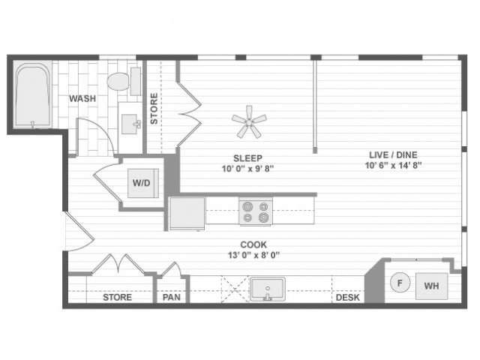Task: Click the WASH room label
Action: [81, 98]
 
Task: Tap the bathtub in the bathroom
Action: [32, 95]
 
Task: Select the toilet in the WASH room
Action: [121, 81]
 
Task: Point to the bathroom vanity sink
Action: [130, 122]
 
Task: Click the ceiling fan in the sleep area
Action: [248, 121]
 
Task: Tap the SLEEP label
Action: [247, 157]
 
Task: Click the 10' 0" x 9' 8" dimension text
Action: [247, 169]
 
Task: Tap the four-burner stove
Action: [255, 211]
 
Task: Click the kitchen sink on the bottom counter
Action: [266, 289]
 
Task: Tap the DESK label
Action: [347, 298]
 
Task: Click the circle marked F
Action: [400, 283]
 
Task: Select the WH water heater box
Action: [431, 285]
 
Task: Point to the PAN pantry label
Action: [171, 298]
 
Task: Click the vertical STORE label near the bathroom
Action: [154, 109]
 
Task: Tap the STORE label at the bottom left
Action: [117, 298]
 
